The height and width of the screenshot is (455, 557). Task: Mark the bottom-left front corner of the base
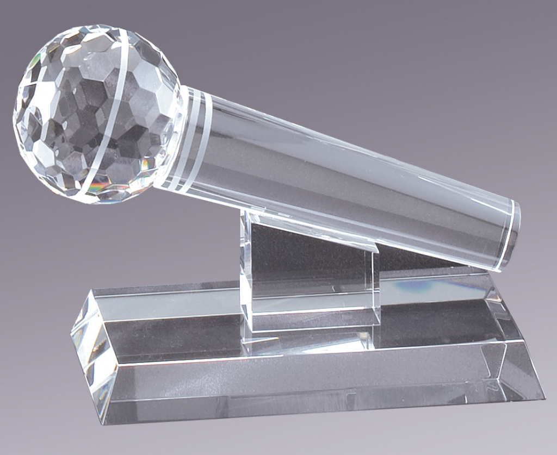103,423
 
